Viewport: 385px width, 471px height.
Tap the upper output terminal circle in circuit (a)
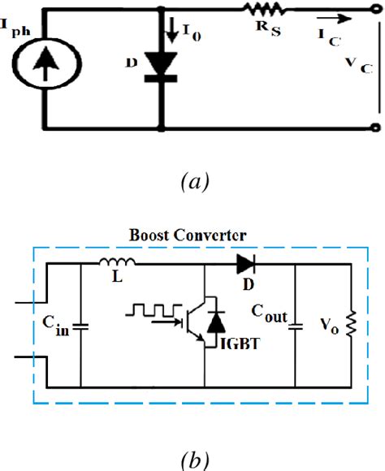pyautogui.click(x=374, y=9)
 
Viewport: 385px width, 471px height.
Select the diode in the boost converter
pyautogui.click(x=245, y=263)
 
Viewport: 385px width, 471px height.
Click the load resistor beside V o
pyautogui.click(x=352, y=324)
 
